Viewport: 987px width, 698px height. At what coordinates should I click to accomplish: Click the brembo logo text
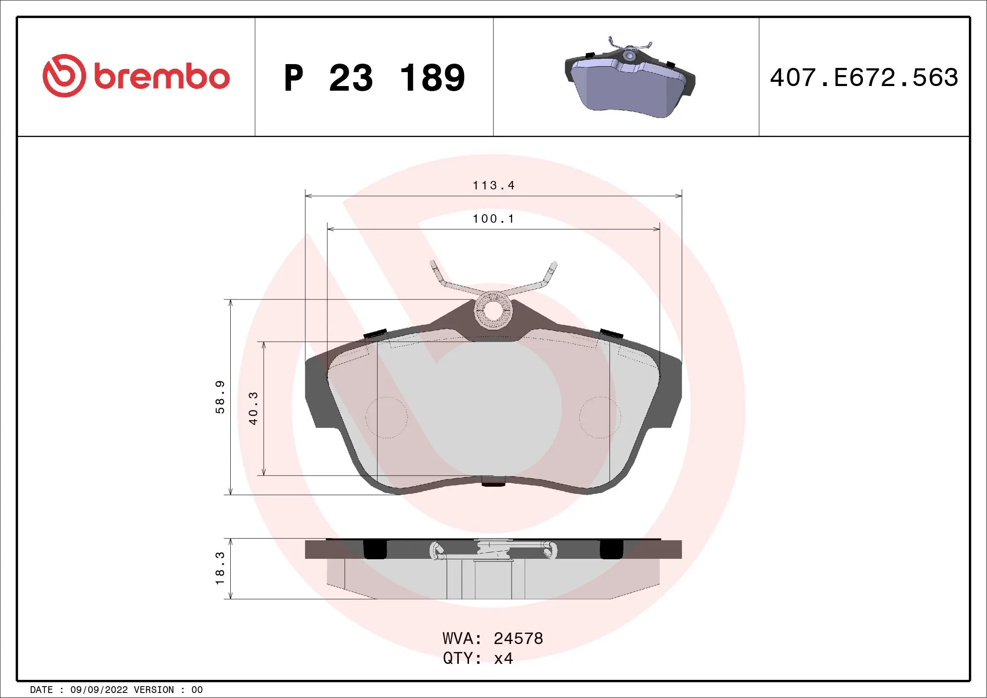pos(162,77)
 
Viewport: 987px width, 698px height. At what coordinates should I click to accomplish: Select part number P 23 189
pos(374,78)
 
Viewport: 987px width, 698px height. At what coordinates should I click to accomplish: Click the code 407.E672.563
pos(864,78)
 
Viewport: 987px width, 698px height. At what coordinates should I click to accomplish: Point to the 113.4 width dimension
pos(493,185)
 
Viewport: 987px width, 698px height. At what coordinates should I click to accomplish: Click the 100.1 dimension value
pos(493,219)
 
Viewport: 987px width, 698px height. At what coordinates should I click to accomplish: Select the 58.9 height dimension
pos(220,397)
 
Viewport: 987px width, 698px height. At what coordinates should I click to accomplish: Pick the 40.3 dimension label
pos(253,408)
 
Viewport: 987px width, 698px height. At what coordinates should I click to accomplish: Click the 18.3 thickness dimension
pos(220,568)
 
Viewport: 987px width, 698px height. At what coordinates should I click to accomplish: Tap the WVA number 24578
pos(518,638)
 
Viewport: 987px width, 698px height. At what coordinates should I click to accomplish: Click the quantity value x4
pos(503,658)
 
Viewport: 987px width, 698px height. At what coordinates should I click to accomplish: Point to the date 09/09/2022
pos(99,690)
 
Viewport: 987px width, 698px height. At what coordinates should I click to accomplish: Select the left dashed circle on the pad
pos(386,417)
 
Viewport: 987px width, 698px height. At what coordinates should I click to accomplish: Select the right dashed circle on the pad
pos(600,417)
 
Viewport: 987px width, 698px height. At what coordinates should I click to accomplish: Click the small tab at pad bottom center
pos(493,482)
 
